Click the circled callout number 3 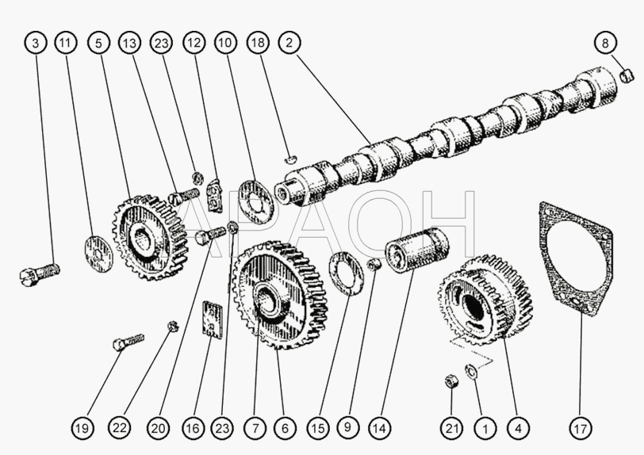pyautogui.click(x=36, y=43)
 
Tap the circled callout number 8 pyautogui.click(x=605, y=43)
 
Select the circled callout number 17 pyautogui.click(x=581, y=428)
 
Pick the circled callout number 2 pyautogui.click(x=289, y=43)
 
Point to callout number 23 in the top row pyautogui.click(x=162, y=43)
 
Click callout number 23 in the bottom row pyautogui.click(x=222, y=428)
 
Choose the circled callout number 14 pyautogui.click(x=379, y=428)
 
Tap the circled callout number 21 pyautogui.click(x=452, y=428)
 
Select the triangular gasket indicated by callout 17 pyautogui.click(x=576, y=259)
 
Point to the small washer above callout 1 pyautogui.click(x=470, y=370)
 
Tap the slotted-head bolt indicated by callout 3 pyautogui.click(x=40, y=273)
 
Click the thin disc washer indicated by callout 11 pyautogui.click(x=98, y=254)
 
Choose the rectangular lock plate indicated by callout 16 pyautogui.click(x=213, y=320)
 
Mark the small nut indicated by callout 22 pyautogui.click(x=173, y=326)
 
